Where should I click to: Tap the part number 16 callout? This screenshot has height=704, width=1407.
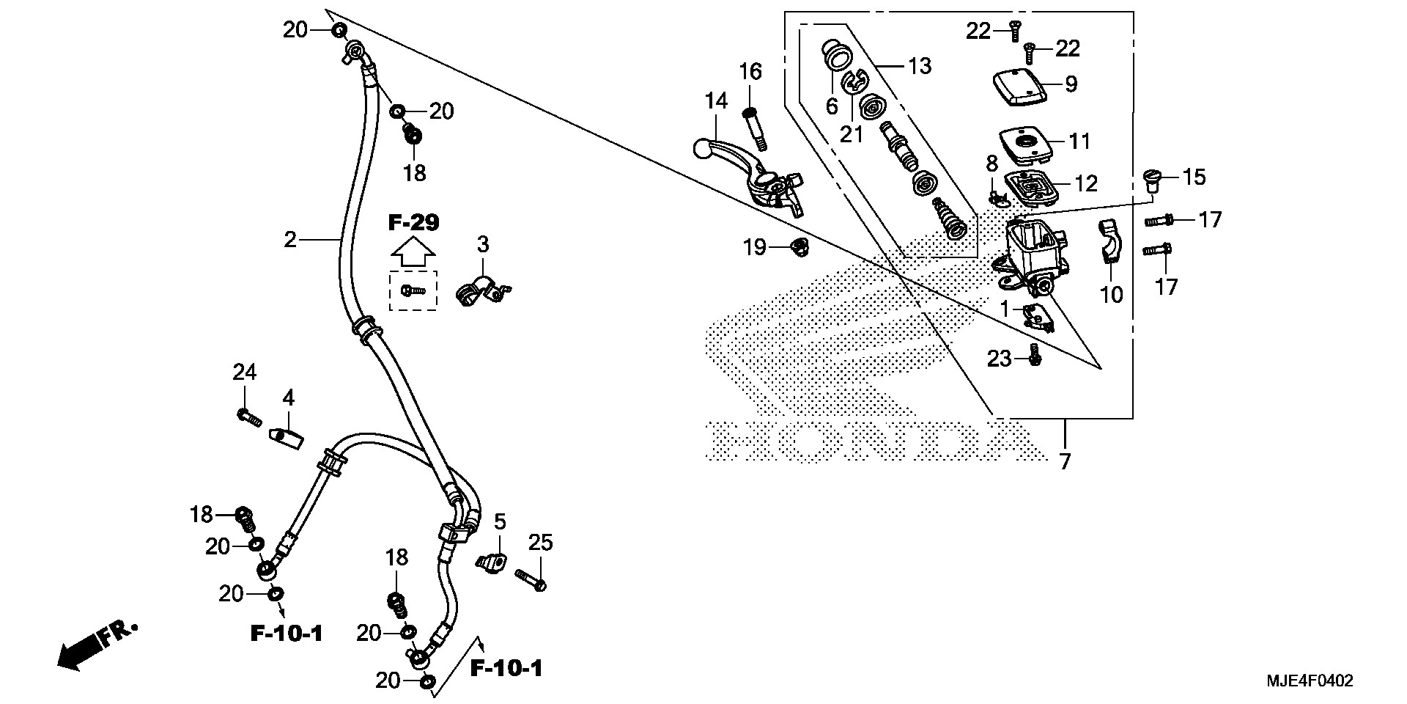click(x=750, y=72)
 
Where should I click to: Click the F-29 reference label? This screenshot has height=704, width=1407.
click(x=413, y=223)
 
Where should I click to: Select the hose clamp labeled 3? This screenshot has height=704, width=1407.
click(x=479, y=291)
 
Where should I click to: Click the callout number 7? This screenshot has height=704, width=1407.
click(x=1065, y=461)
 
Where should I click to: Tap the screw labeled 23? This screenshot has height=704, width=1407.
click(x=1035, y=355)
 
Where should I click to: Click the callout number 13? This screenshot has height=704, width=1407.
click(x=920, y=66)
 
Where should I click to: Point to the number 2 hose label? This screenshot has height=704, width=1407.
click(x=291, y=239)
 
